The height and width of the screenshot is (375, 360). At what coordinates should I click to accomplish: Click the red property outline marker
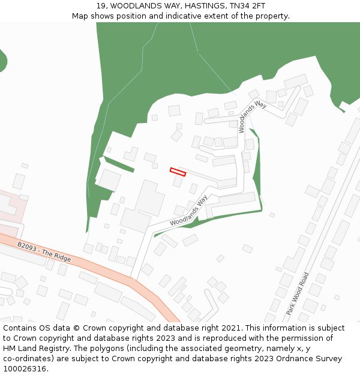pyautogui.click(x=178, y=172)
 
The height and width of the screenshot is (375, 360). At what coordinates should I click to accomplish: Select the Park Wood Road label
pyautogui.click(x=297, y=293)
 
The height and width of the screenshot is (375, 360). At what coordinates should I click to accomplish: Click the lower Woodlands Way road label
pyautogui.click(x=188, y=211)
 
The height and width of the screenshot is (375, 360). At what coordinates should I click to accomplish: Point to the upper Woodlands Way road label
pyautogui.click(x=252, y=116)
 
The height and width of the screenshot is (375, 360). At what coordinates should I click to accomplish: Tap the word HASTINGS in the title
pyautogui.click(x=194, y=6)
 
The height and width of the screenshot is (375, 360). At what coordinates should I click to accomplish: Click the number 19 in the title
pyautogui.click(x=101, y=6)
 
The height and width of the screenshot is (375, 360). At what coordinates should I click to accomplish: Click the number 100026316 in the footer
pyautogui.click(x=25, y=369)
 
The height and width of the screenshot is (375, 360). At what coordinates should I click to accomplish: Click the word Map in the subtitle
pyautogui.click(x=81, y=16)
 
